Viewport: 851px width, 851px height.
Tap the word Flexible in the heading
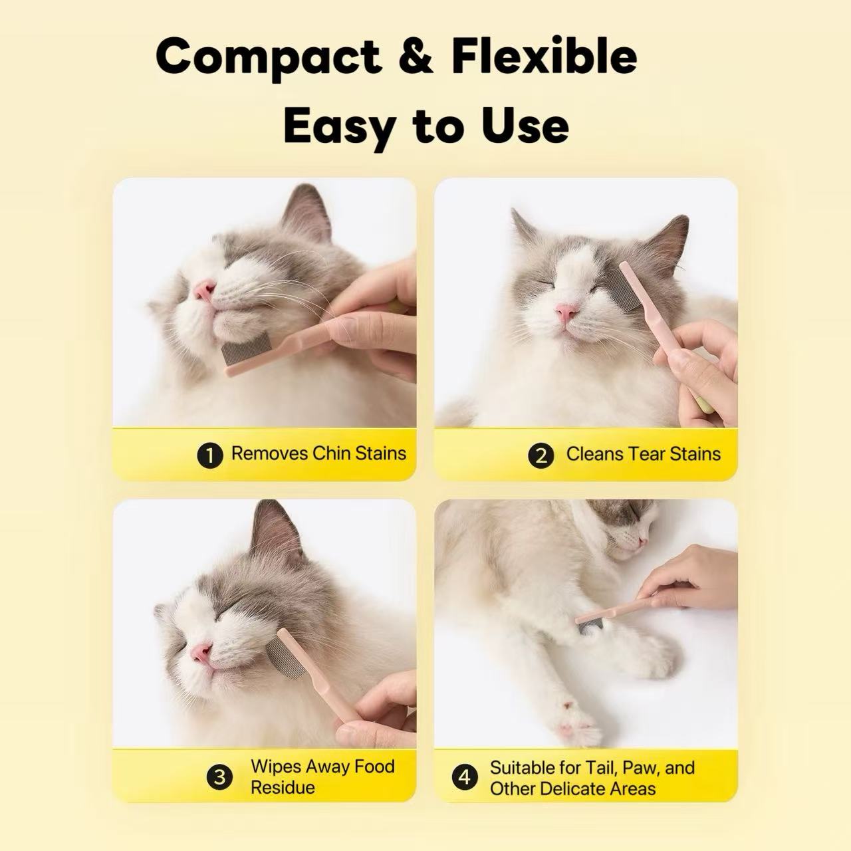[544, 57]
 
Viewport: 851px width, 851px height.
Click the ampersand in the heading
[416, 57]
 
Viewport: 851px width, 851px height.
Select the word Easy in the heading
[338, 126]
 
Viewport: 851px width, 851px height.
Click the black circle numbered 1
[210, 455]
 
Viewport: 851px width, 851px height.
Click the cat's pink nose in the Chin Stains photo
[203, 289]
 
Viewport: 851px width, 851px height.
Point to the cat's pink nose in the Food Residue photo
[201, 653]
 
